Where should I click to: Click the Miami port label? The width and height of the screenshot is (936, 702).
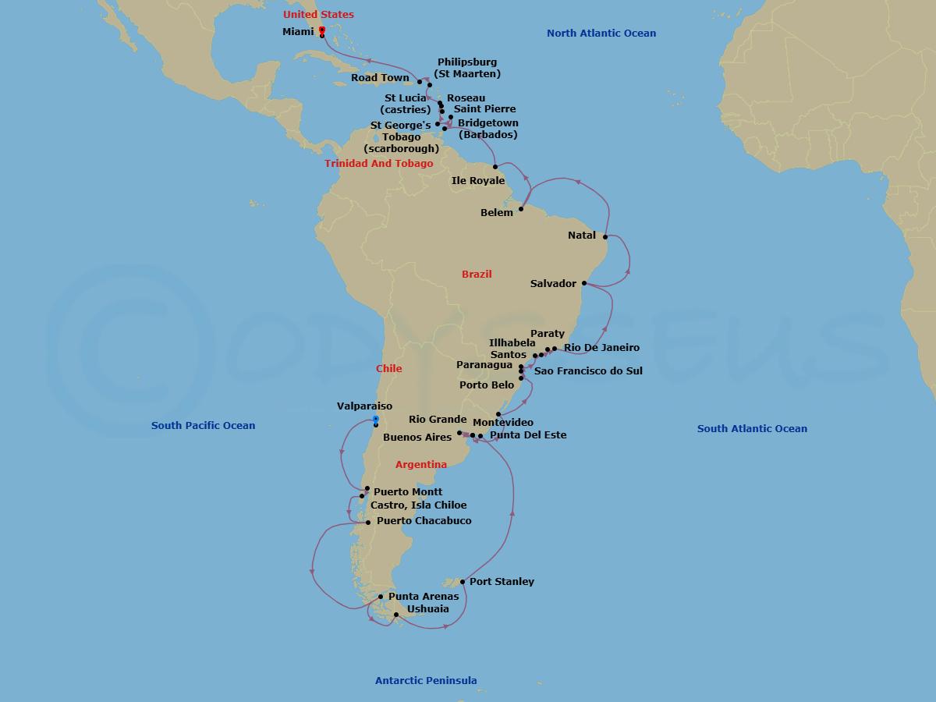pyautogui.click(x=298, y=32)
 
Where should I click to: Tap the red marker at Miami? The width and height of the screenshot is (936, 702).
pyautogui.click(x=322, y=30)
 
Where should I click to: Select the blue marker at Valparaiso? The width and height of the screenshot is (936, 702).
pyautogui.click(x=375, y=420)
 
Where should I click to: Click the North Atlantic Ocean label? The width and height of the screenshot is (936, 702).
pyautogui.click(x=601, y=34)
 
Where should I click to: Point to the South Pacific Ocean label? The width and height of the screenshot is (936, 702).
pyautogui.click(x=203, y=425)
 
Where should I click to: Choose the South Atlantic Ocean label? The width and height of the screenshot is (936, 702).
pyautogui.click(x=752, y=428)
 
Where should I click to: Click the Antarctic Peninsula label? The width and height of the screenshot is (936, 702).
pyautogui.click(x=426, y=680)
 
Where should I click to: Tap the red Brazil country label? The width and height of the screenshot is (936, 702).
pyautogui.click(x=477, y=274)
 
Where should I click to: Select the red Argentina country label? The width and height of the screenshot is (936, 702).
pyautogui.click(x=421, y=465)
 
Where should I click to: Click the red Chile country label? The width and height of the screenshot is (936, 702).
pyautogui.click(x=388, y=368)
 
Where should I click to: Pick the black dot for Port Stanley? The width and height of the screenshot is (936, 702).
pyautogui.click(x=463, y=582)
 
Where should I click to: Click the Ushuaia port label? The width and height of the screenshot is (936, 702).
pyautogui.click(x=428, y=608)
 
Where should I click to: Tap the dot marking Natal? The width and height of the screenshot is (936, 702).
pyautogui.click(x=605, y=236)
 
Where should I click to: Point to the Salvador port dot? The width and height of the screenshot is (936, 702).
pyautogui.click(x=584, y=284)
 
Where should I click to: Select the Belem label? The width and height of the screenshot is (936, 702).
pyautogui.click(x=498, y=213)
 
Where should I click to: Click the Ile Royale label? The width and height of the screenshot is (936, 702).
pyautogui.click(x=478, y=181)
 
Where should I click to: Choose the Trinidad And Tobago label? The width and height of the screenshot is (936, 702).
pyautogui.click(x=379, y=164)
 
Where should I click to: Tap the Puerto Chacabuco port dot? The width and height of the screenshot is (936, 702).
pyautogui.click(x=368, y=522)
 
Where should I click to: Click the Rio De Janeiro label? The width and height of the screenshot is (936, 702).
pyautogui.click(x=601, y=348)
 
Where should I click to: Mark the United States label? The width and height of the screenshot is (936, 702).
pyautogui.click(x=318, y=15)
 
